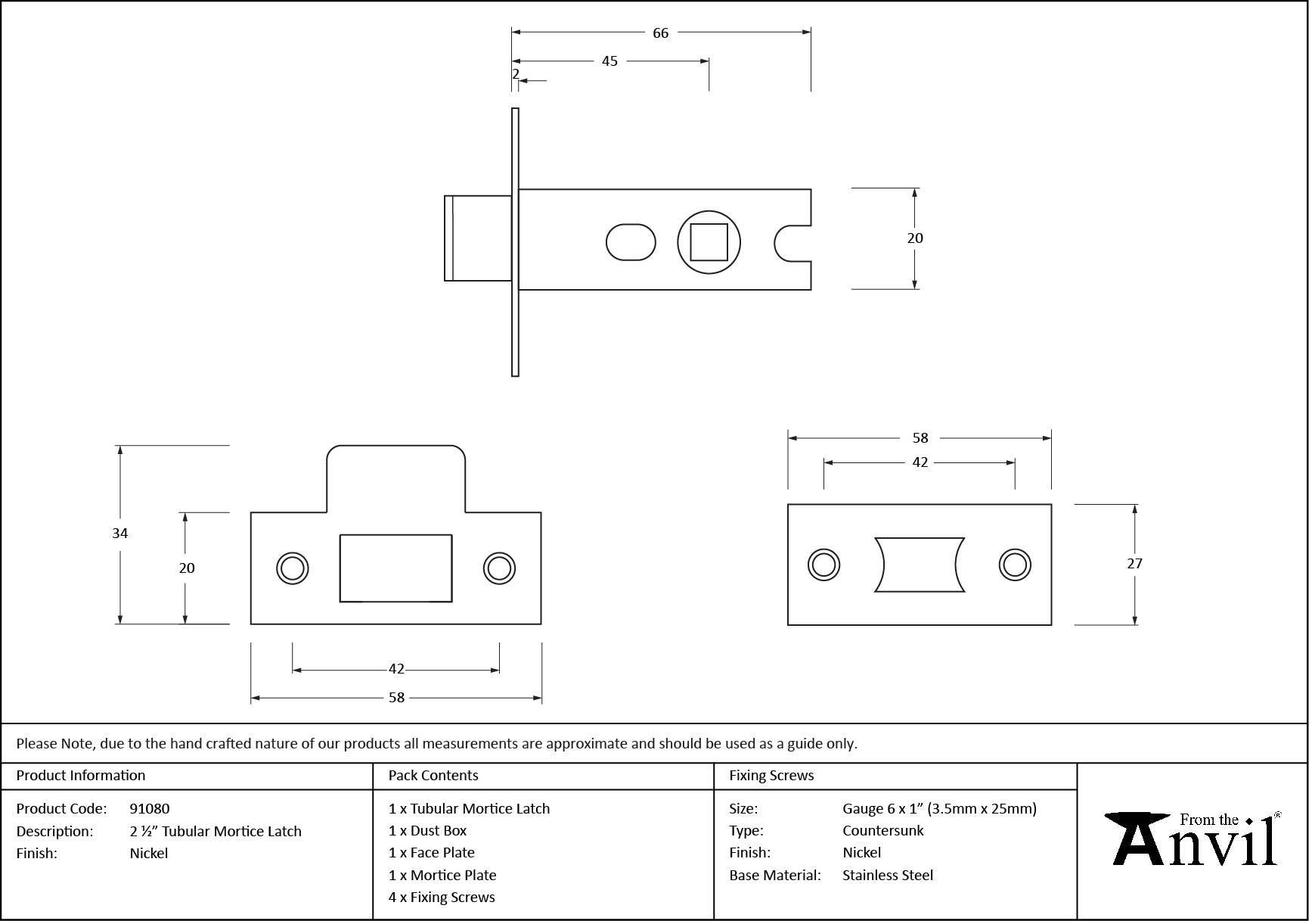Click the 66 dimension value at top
[660, 33]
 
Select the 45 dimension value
[609, 61]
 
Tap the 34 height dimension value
[120, 534]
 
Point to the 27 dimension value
[1134, 564]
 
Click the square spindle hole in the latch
[709, 242]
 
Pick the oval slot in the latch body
[631, 242]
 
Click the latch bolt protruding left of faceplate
[477, 238]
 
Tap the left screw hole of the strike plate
[293, 568]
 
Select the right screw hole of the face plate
[1015, 565]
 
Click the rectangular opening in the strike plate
[395, 568]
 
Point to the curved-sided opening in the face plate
[920, 565]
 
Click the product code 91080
[150, 809]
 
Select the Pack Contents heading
[433, 776]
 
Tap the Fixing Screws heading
[771, 776]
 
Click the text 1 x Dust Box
[427, 831]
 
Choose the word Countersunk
[883, 831]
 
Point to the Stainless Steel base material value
[888, 876]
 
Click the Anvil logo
[1193, 840]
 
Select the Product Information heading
[81, 776]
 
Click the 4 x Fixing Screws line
[442, 898]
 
